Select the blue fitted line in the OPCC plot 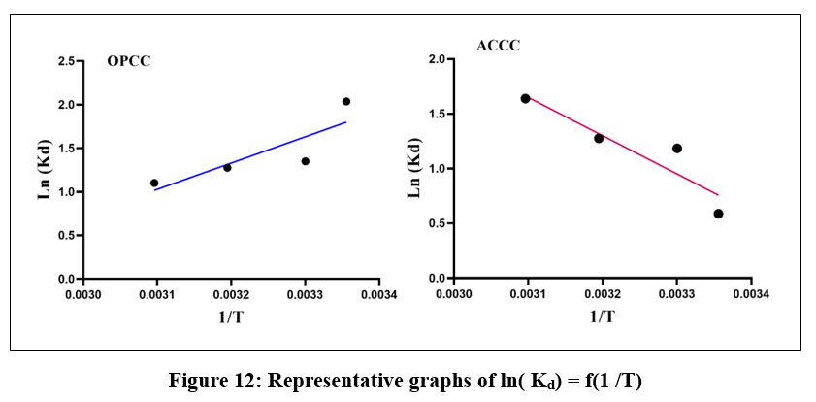coord(249,155)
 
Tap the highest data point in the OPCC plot coord(345,101)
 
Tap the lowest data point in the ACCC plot coord(718,214)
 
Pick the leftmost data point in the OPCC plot coord(154,183)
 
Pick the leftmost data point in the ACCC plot coord(525,98)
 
